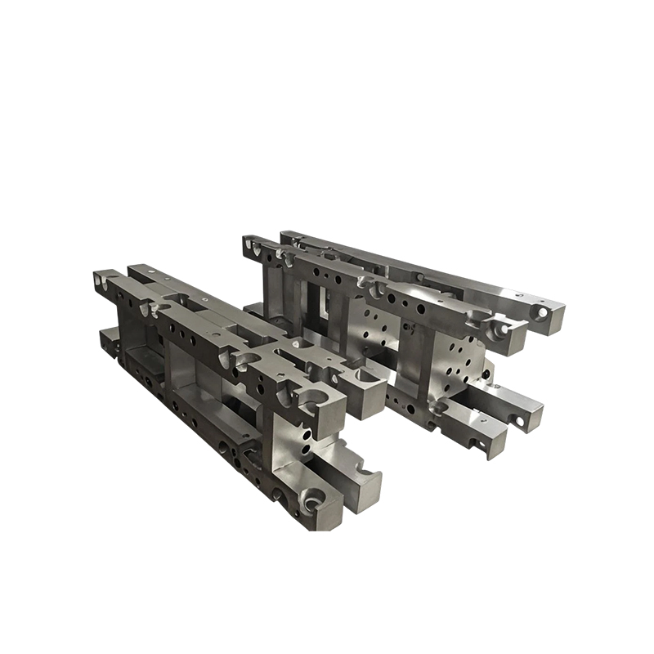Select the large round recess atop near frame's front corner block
pos(314,398)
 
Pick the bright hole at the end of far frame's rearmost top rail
pos(542,311)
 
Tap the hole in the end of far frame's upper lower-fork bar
pos(517,422)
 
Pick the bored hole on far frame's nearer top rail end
pos(496,327)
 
